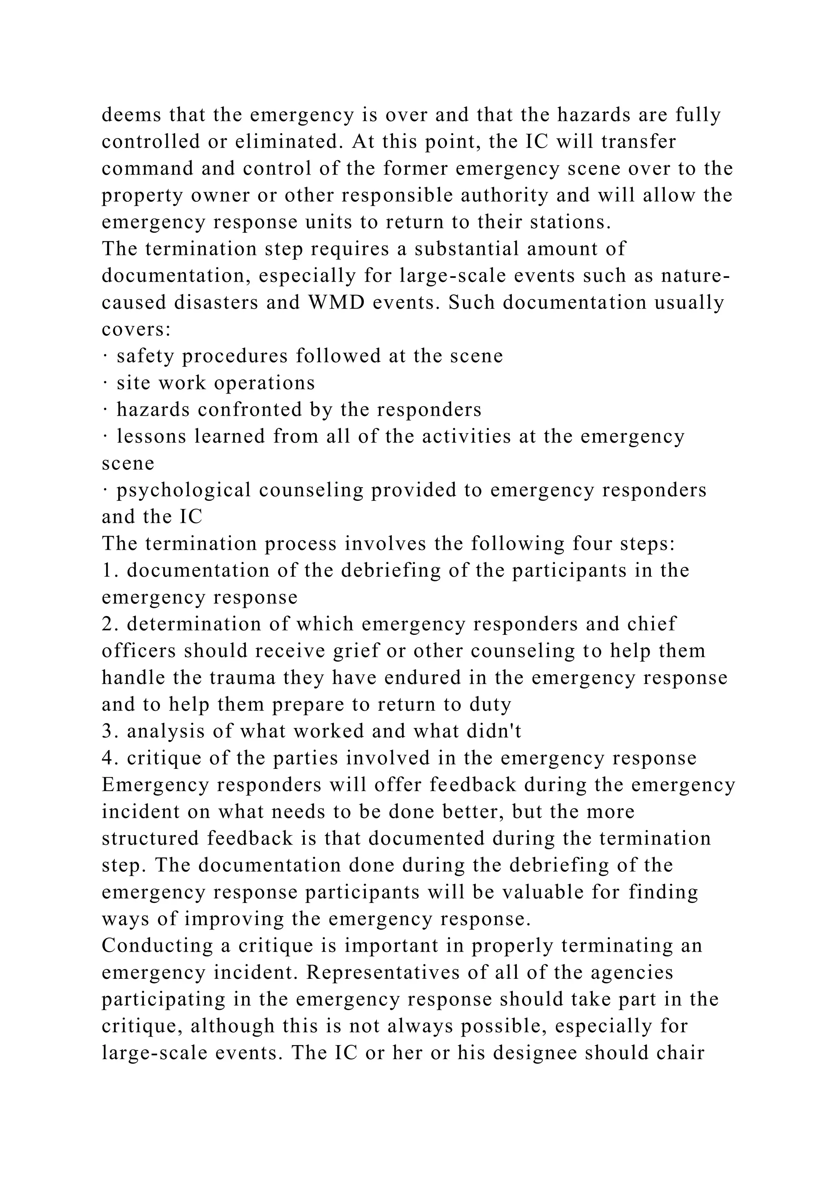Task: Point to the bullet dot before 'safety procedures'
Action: (x=105, y=356)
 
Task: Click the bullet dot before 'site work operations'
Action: (x=105, y=383)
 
